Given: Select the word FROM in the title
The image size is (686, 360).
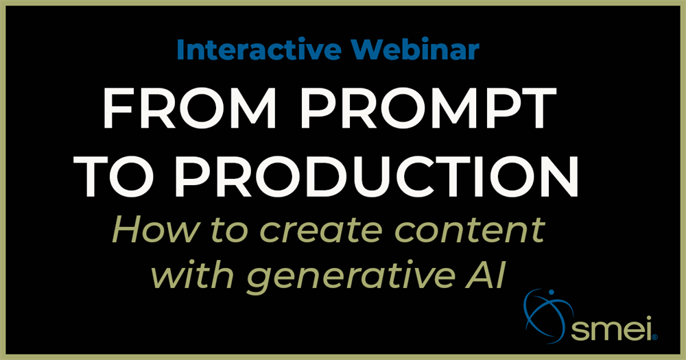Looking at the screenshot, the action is tap(189, 108).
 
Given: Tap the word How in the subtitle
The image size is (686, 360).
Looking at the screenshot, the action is tap(156, 229).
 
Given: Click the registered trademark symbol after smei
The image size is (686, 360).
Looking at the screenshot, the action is tap(654, 337).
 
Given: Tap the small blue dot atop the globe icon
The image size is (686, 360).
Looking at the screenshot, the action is tap(552, 291).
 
